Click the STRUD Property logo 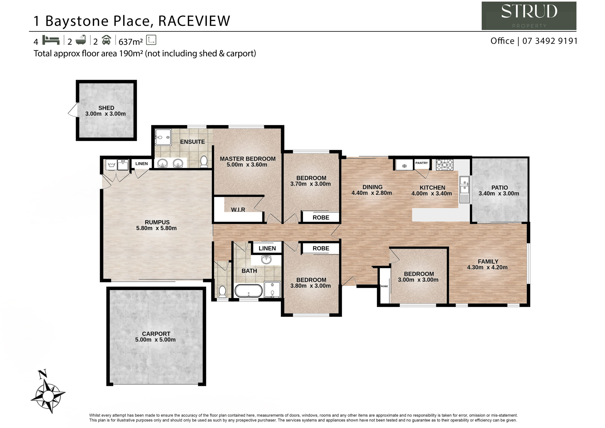pos(529,16)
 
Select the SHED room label pos(106,108)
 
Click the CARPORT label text pos(156,334)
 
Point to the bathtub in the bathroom pos(248,291)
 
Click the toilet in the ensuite pos(204,162)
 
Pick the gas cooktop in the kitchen pos(444,165)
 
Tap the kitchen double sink pos(465,190)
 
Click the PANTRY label pos(422,163)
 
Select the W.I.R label pos(238,210)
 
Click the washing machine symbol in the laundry pos(112,165)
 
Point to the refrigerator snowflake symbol pos(404,166)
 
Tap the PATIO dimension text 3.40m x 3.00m pos(499,193)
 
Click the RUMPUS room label pos(157,222)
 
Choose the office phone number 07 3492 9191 pos(550,41)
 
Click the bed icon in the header pos(51,40)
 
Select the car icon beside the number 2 pos(106,40)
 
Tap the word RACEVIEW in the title pos(194,21)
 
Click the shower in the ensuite pos(163,137)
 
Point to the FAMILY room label pos(488,262)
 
